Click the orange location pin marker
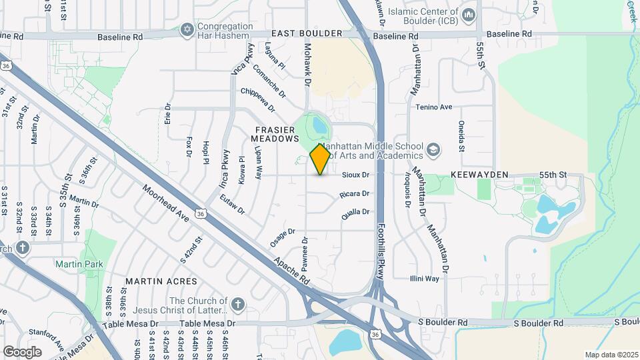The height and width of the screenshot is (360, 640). (x=320, y=159)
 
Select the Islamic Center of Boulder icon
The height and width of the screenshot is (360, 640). (x=469, y=14)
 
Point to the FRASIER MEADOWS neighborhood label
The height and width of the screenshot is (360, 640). (x=273, y=133)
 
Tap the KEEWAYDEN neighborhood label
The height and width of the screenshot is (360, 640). (x=479, y=175)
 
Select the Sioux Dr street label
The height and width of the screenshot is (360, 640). (x=356, y=175)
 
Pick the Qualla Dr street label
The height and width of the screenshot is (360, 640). (x=356, y=212)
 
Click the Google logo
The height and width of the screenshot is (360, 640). (x=22, y=351)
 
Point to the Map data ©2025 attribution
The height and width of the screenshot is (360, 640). (x=611, y=355)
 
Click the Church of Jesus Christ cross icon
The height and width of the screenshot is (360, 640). (x=238, y=305)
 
